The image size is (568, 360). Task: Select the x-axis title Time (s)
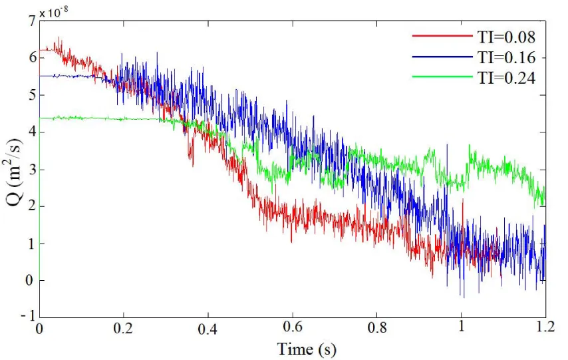click(293, 347)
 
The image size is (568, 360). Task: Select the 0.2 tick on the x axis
click(124, 329)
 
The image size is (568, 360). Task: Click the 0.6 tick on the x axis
click(293, 329)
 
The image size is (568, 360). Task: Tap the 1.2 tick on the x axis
click(545, 329)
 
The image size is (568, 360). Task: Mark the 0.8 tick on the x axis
click(377, 329)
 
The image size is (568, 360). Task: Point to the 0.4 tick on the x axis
click(208, 329)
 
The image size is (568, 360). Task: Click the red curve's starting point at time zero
click(41, 51)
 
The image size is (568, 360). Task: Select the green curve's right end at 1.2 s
click(545, 198)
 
